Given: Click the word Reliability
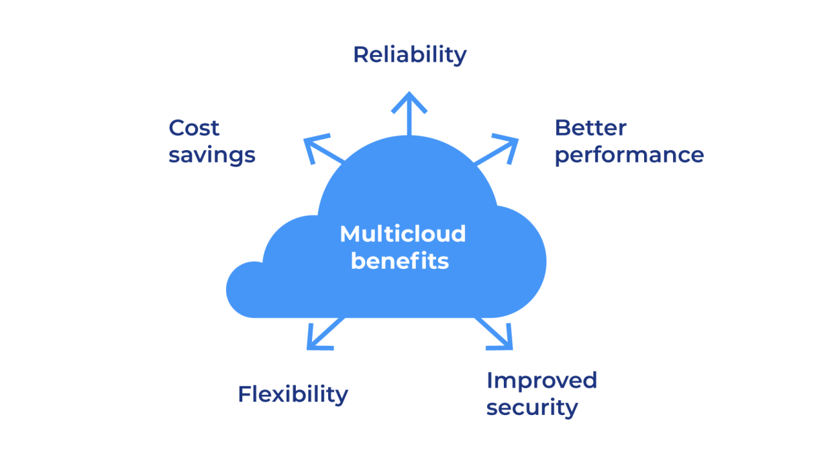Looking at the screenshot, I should pyautogui.click(x=409, y=55).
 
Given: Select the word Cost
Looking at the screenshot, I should pyautogui.click(x=194, y=127).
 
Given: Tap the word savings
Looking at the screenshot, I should pyautogui.click(x=212, y=156).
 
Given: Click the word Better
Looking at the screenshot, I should pyautogui.click(x=590, y=127).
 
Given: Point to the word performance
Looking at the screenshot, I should pyautogui.click(x=629, y=156).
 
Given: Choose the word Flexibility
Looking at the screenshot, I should pyautogui.click(x=293, y=394).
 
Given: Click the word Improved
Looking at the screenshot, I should pyautogui.click(x=541, y=380).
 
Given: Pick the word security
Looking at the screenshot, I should pyautogui.click(x=532, y=408).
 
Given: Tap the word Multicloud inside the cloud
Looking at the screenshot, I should pyautogui.click(x=403, y=234).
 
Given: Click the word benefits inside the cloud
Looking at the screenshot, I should pyautogui.click(x=400, y=261).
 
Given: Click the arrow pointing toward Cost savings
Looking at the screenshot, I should pyautogui.click(x=321, y=149).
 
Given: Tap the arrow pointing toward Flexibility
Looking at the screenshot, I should pyautogui.click(x=323, y=335).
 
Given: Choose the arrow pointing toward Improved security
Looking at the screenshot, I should pyautogui.click(x=497, y=335).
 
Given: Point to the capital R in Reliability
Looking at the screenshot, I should pyautogui.click(x=361, y=55).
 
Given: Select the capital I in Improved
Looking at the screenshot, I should pyautogui.click(x=489, y=380).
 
